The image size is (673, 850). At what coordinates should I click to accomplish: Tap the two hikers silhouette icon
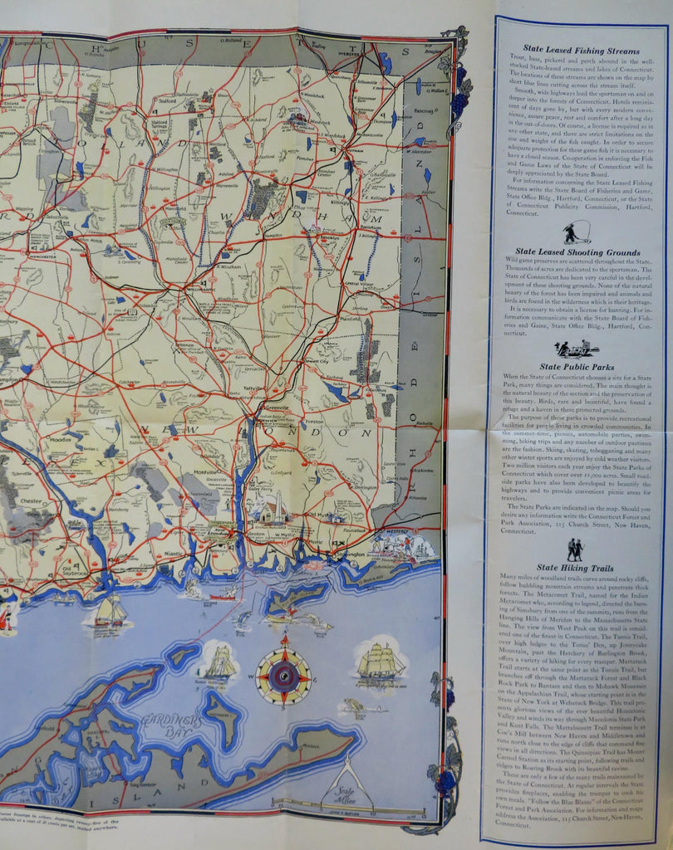[x=574, y=549]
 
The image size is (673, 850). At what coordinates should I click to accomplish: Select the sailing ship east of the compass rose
[x=380, y=662]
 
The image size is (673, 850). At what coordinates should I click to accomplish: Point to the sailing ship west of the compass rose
[x=219, y=663]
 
